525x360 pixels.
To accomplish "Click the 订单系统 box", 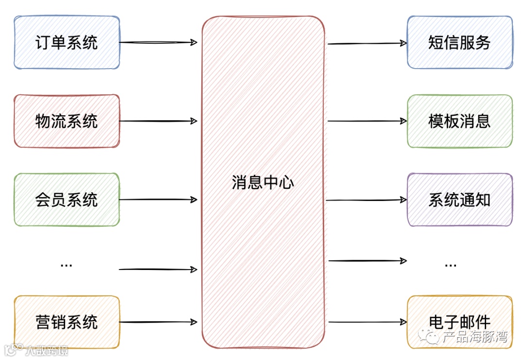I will coord(67,42).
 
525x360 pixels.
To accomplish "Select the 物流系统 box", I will coord(67,121).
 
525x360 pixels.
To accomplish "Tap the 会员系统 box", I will coord(67,199).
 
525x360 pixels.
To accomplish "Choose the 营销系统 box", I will coord(67,322).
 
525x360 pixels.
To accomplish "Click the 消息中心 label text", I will coord(263,182).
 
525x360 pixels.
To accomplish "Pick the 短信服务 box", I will coord(459,42).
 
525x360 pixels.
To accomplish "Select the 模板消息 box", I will coord(459,121).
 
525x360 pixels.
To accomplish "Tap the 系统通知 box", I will coord(459,199).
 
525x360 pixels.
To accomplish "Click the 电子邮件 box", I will coord(459,322).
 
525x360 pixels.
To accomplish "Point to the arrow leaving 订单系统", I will coord(158,42).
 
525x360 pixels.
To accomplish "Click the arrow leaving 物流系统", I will coord(158,121).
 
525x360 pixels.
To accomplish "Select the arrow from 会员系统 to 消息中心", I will coord(158,199).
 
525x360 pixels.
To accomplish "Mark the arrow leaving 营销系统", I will coord(158,322).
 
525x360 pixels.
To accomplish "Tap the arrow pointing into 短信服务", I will coord(367,43).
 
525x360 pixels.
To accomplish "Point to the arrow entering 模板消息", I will coord(367,121).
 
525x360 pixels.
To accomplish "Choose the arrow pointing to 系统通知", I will coord(367,199).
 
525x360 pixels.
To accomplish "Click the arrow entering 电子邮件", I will coord(367,322).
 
